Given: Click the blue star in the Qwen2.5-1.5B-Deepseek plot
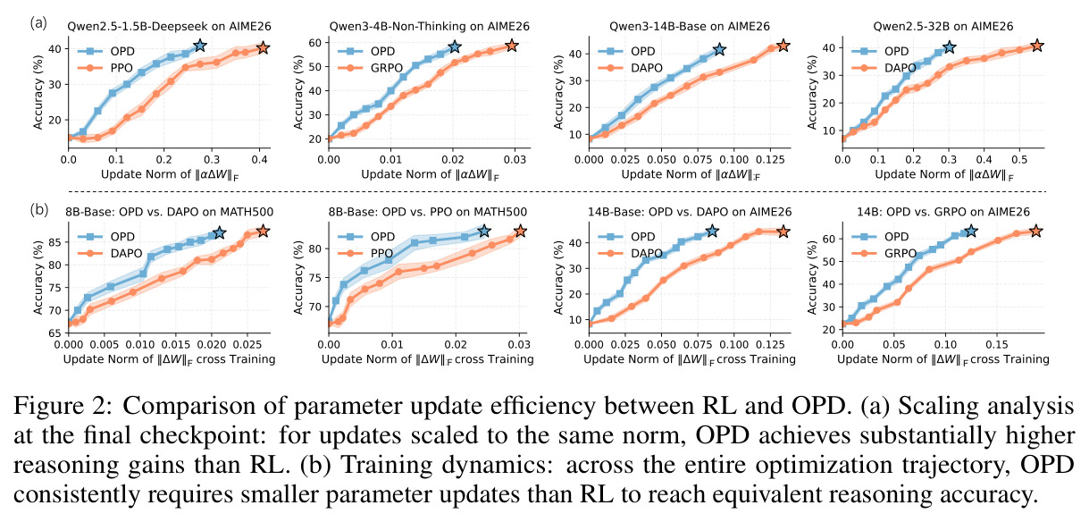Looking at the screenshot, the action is (x=200, y=46).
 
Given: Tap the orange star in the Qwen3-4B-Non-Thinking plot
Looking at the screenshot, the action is (x=511, y=46).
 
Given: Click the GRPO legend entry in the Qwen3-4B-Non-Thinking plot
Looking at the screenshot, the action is (x=371, y=68).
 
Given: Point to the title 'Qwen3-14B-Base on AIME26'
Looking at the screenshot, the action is (x=690, y=26).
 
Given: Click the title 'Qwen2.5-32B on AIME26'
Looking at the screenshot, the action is (x=943, y=26).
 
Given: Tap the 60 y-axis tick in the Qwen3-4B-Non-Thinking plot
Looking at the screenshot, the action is (x=315, y=43).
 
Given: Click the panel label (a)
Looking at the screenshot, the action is (x=38, y=23).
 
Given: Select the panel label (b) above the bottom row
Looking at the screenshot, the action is (x=39, y=210).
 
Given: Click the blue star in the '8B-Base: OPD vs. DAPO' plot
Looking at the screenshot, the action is (x=219, y=232).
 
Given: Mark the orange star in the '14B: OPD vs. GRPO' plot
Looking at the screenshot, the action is (x=1036, y=232).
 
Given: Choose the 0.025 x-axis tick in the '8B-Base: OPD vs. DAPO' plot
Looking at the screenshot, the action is (x=247, y=344).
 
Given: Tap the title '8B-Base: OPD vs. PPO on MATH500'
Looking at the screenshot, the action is (x=428, y=212).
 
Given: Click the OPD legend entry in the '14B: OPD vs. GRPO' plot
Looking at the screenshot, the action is (x=881, y=237).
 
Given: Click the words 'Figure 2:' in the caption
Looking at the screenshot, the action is (x=64, y=406).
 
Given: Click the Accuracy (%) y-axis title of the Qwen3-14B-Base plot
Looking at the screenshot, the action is (x=558, y=92).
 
